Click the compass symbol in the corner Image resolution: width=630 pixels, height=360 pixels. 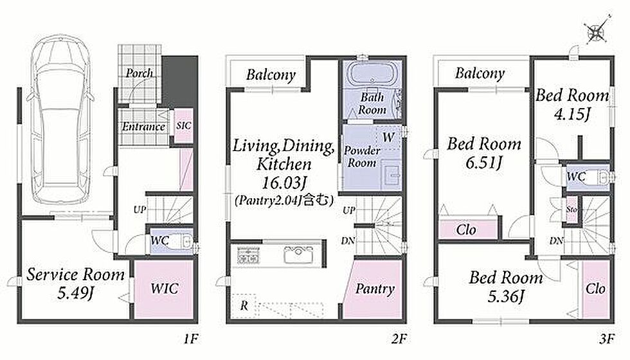point(596,30)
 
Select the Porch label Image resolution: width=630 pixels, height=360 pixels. point(139,73)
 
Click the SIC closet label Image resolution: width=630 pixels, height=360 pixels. point(184,126)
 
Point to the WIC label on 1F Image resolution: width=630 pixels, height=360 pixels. point(165,288)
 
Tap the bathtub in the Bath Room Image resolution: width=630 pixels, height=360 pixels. point(372,75)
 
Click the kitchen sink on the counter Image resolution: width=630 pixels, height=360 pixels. point(298,255)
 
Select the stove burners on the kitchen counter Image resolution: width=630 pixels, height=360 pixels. point(248,256)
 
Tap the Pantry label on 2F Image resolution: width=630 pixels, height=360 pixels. point(374,289)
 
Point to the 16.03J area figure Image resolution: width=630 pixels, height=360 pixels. point(284,183)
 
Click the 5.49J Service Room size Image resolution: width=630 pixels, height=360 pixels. point(76,293)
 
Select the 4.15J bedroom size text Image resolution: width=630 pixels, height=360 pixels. point(572,114)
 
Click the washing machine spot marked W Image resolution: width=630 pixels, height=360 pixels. point(388,138)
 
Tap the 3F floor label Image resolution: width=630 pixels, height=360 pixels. point(607,339)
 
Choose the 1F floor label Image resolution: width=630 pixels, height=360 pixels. point(191,339)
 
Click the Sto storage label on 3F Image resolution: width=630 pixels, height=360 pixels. point(571,210)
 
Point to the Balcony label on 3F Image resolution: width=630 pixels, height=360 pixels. point(480,73)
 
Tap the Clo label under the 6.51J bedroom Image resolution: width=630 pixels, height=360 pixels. point(466,230)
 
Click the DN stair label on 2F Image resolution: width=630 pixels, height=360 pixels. point(348,240)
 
